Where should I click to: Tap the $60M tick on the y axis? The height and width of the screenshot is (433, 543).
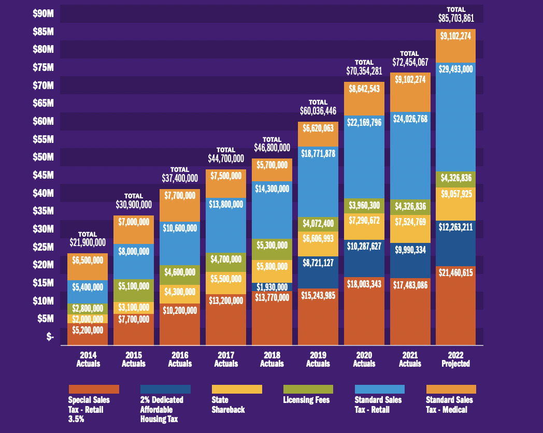43,121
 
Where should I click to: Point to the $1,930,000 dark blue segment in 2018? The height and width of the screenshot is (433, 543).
272,286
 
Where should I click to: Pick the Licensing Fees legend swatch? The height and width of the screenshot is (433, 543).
308,389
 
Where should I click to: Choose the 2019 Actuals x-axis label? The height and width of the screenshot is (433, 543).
318,359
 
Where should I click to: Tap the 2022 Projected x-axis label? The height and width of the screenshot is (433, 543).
456,359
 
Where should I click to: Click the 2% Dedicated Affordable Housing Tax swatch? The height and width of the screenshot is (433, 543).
165,389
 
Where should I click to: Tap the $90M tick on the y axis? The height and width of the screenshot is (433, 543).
43,13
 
